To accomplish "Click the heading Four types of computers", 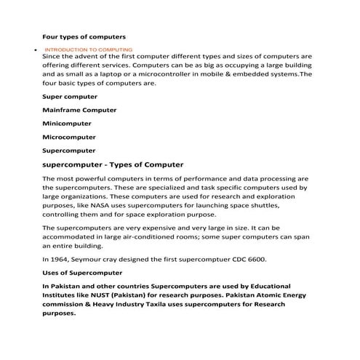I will [84, 36].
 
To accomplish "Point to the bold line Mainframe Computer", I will [79, 111].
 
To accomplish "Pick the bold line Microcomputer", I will [69, 137].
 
